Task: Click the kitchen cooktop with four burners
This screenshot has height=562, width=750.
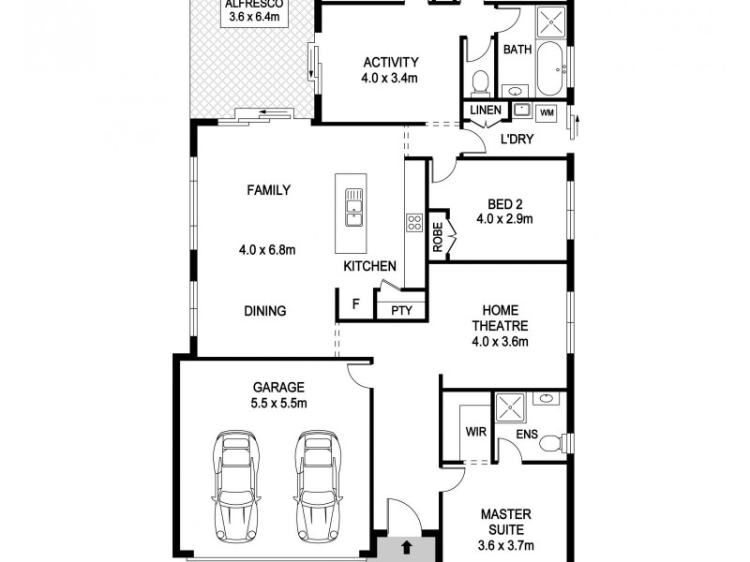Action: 413,222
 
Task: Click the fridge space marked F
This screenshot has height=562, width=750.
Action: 355,304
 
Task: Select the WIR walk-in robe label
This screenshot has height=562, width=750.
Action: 475,433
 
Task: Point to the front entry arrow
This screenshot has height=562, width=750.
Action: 407,545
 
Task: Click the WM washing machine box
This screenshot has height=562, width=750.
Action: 547,112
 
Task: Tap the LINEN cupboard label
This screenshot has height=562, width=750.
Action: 486,111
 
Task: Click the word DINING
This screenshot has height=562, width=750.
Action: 265,311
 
